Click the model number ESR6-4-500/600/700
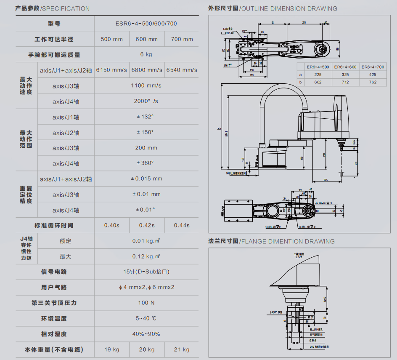click(146, 24)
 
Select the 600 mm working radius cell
click(146, 39)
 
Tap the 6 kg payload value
click(146, 54)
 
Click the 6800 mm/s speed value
click(146, 70)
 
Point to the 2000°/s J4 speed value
click(146, 101)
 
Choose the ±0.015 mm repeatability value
click(146, 179)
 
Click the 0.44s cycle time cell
click(182, 225)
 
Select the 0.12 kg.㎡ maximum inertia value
click(146, 256)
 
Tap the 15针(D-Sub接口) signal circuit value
click(146, 272)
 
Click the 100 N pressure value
click(146, 303)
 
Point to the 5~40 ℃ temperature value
click(146, 318)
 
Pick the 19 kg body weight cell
click(112, 349)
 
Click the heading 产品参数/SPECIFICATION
click(53, 8)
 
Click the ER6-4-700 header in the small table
click(373, 67)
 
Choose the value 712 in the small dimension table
click(345, 82)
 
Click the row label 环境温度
click(54, 318)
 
